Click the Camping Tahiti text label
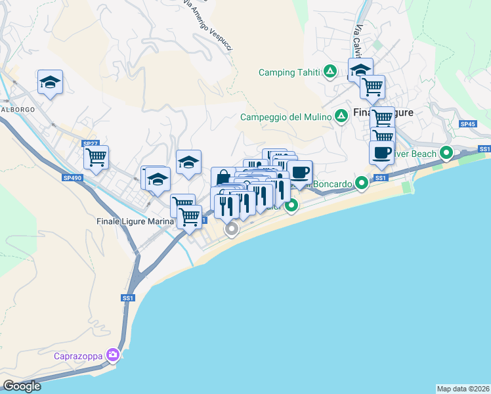pyautogui.click(x=289, y=72)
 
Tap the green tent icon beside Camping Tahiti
pyautogui.click(x=330, y=72)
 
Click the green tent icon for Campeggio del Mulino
pyautogui.click(x=341, y=117)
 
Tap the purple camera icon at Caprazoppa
pyautogui.click(x=114, y=355)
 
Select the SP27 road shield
pyautogui.click(x=90, y=143)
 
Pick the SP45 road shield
pyautogui.click(x=467, y=124)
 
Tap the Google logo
pyautogui.click(x=22, y=386)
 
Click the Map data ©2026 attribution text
pyautogui.click(x=463, y=389)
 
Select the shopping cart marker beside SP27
pyautogui.click(x=96, y=158)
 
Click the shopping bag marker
pyautogui.click(x=223, y=177)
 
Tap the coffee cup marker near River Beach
pyautogui.click(x=381, y=154)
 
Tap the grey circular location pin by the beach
pyautogui.click(x=231, y=229)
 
